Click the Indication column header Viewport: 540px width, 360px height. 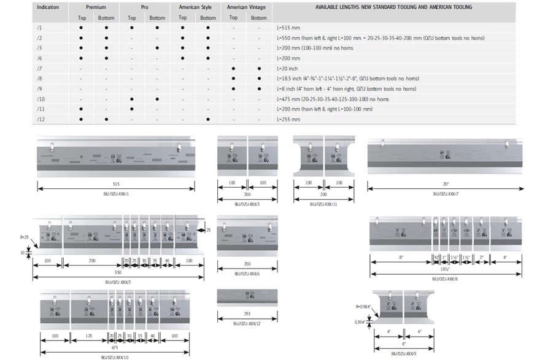(48, 7)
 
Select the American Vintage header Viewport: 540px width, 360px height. (246, 7)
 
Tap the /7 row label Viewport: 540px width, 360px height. (39, 69)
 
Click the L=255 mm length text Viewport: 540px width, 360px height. (288, 119)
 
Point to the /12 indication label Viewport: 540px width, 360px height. (40, 119)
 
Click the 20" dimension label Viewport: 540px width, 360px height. (445, 183)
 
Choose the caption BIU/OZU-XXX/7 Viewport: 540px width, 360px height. (445, 193)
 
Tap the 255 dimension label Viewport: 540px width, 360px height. (247, 314)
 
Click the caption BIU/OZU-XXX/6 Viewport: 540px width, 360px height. (247, 274)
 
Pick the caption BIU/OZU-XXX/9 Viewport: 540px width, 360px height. (404, 353)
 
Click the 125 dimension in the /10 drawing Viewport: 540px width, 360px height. (89, 336)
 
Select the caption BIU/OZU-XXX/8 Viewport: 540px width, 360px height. (445, 278)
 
